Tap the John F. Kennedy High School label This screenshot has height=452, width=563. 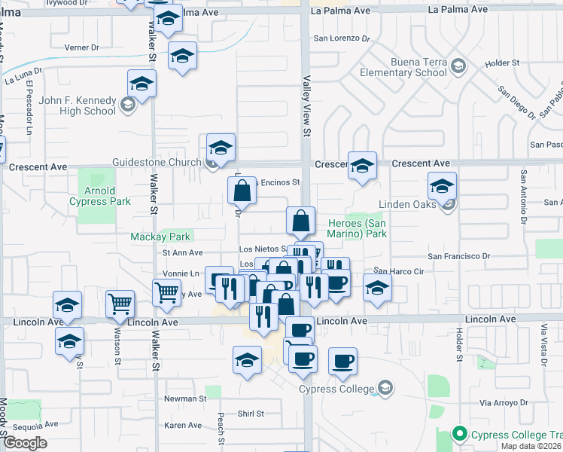point(73,105)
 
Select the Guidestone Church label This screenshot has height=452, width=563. point(157,162)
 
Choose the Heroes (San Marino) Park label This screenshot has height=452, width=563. point(358,228)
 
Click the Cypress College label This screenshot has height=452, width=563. point(336,389)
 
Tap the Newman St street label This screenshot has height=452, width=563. point(185,398)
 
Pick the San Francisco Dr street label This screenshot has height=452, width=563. point(459,256)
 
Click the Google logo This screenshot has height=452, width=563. point(26,443)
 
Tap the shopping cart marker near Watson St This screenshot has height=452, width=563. point(120,304)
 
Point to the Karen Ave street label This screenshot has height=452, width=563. point(183,426)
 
